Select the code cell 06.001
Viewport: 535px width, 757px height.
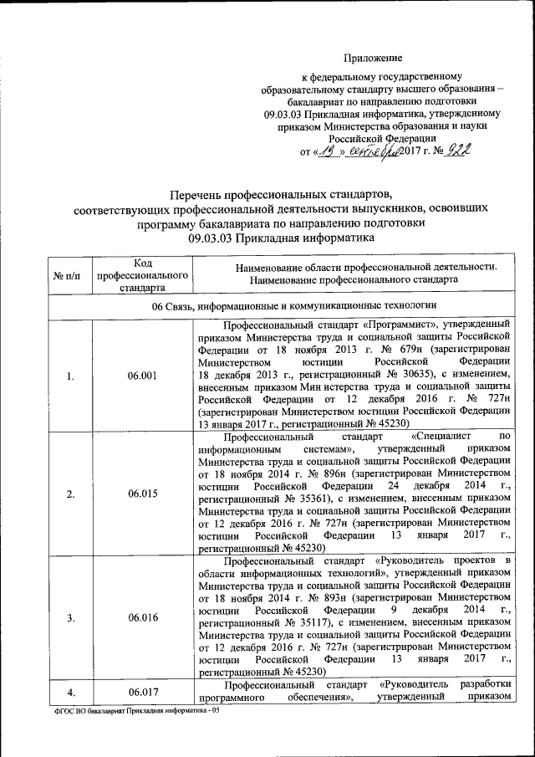pyautogui.click(x=141, y=376)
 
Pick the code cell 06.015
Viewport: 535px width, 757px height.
pyautogui.click(x=141, y=494)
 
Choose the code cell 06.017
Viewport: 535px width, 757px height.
pyautogui.click(x=141, y=692)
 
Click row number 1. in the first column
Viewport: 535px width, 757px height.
pyautogui.click(x=70, y=376)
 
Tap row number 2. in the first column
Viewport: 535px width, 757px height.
pyautogui.click(x=70, y=494)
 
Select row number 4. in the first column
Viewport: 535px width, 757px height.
pyautogui.click(x=70, y=692)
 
